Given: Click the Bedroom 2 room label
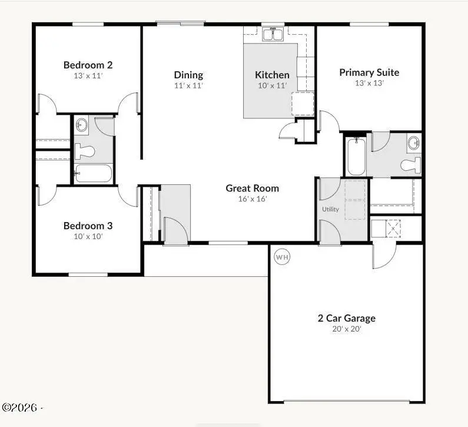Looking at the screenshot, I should click(88, 65).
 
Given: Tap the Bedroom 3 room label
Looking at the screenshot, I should click(88, 226).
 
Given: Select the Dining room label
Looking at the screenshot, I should click(188, 75).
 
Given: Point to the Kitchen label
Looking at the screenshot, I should click(272, 75).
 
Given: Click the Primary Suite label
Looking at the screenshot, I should click(369, 72).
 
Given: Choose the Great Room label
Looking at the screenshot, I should click(252, 188).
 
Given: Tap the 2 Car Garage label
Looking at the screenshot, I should click(346, 318).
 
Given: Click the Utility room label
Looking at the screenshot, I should click(330, 209).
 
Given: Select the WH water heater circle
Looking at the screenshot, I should click(282, 257).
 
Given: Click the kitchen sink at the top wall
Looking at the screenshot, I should click(273, 35).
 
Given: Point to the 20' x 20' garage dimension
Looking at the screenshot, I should click(346, 329).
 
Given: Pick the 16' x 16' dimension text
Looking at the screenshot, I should click(252, 199).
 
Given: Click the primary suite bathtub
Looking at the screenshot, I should click(356, 157).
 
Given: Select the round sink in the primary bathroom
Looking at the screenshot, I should click(414, 143).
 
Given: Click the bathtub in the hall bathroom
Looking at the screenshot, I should click(93, 174).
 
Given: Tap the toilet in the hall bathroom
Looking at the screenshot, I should click(84, 151).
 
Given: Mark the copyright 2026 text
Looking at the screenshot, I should click(23, 408).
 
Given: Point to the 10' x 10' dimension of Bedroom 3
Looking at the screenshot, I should click(88, 236).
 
